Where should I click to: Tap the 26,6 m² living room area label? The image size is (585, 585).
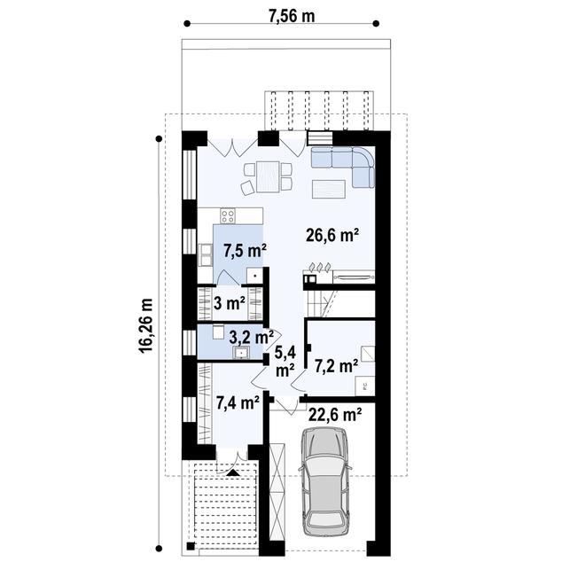[x=332, y=235]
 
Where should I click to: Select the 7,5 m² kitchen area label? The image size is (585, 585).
[x=242, y=252]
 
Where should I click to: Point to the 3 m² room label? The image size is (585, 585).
[x=230, y=303]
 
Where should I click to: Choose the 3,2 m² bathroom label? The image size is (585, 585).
[x=249, y=337]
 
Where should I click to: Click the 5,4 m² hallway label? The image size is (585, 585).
[x=285, y=362]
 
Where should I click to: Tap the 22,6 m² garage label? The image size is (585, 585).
[x=334, y=414]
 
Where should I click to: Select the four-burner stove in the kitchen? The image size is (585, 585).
[x=228, y=215]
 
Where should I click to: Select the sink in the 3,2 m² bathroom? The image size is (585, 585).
[x=241, y=354]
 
